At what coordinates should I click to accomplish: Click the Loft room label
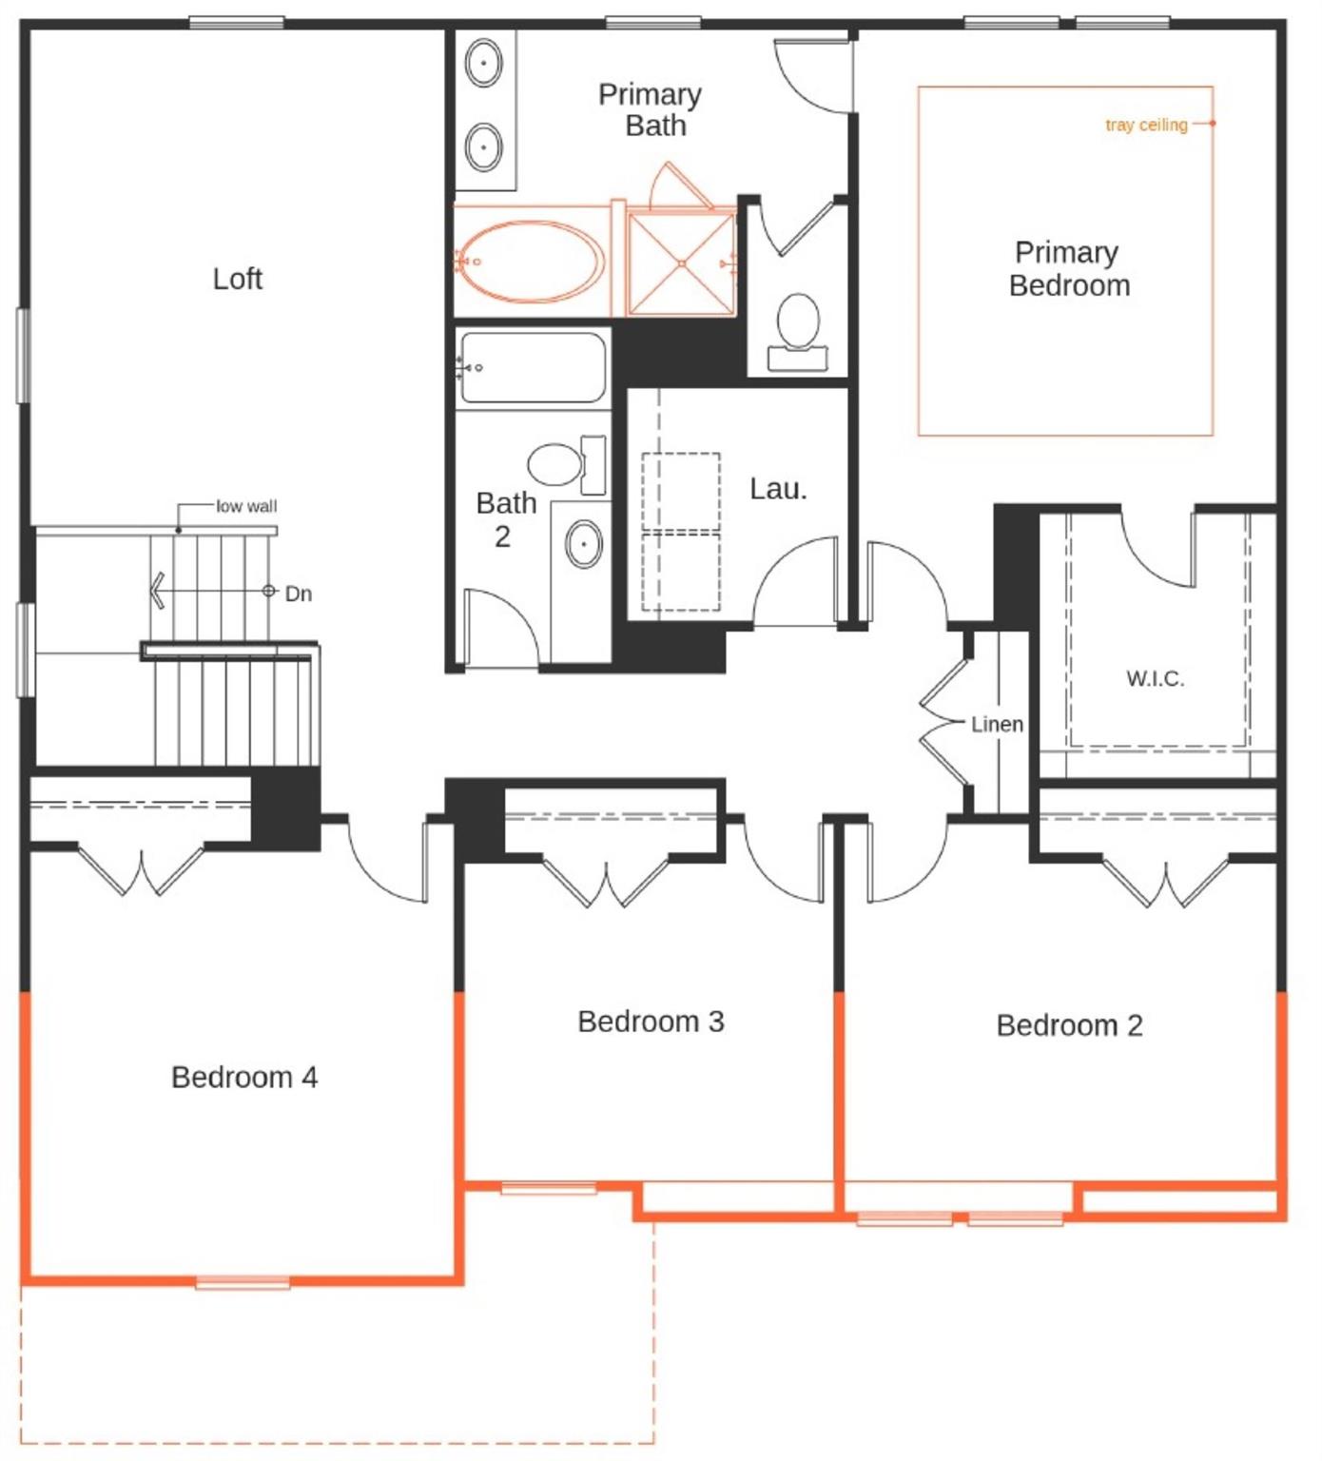click(x=237, y=279)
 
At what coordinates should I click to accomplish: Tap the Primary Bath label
click(x=651, y=109)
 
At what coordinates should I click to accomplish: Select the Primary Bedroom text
click(x=1069, y=268)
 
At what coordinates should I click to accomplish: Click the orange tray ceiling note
click(x=1146, y=125)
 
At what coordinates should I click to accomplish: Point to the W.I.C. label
click(x=1155, y=678)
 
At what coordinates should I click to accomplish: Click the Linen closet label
click(x=997, y=724)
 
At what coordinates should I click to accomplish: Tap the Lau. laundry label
click(x=778, y=489)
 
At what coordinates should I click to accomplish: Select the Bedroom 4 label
click(x=244, y=1077)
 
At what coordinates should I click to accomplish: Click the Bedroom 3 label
click(x=651, y=1022)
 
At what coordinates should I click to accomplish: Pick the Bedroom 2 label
click(x=1069, y=1025)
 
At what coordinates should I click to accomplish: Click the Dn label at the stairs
click(x=298, y=594)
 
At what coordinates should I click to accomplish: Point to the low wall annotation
click(x=246, y=506)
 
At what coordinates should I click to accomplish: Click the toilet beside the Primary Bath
click(x=798, y=323)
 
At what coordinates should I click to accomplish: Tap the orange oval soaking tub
click(x=531, y=262)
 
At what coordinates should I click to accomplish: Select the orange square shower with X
click(x=681, y=263)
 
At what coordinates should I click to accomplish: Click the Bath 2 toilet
click(x=556, y=465)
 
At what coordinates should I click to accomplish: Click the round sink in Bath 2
click(x=583, y=544)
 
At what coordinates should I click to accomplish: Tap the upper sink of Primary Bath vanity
click(x=484, y=64)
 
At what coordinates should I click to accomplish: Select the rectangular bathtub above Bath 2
click(x=532, y=367)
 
